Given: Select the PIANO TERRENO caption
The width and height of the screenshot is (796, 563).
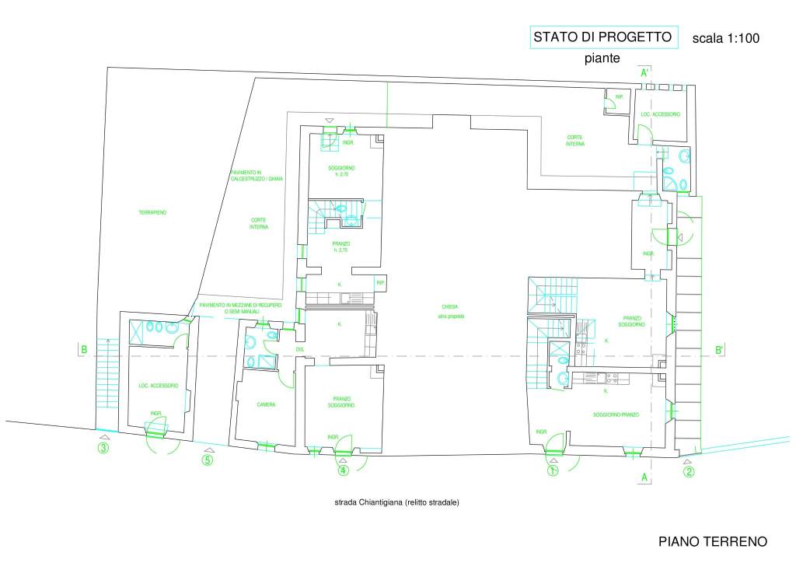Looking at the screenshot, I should coord(713,541).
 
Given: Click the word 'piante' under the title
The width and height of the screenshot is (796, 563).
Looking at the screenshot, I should coord(602,58).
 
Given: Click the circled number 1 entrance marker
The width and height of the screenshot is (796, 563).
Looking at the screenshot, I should coord(552,470).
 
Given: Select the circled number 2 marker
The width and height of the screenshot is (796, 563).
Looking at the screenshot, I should coord(688,470).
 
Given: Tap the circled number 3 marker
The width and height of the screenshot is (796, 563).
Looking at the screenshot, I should coord(103,447).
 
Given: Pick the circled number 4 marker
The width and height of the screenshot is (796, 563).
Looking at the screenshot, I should coord(343,470).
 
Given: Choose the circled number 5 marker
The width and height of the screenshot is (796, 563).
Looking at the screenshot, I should coord(207,459).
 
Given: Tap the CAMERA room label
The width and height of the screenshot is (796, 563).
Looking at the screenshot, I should coord(267,404).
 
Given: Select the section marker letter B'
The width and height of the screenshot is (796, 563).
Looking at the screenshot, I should coord(720,351).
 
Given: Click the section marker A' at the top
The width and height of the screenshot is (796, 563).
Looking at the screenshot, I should coord(644,73).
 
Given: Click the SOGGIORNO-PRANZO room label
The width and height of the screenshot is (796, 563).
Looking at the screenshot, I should coord(616,414).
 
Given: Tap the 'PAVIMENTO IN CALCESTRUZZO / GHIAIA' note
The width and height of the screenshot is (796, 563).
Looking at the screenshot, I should coord(257,176).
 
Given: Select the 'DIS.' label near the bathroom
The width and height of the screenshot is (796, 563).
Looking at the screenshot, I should coord(299,349).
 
